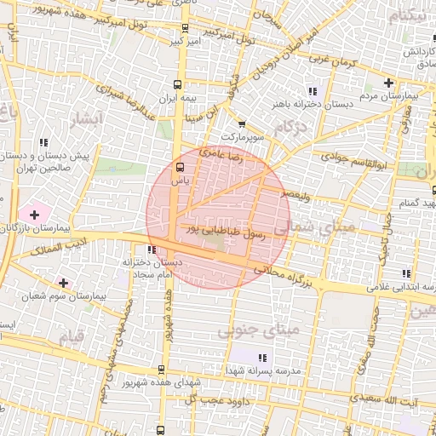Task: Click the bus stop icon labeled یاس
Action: point(179,167)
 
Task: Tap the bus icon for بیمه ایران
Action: point(177,84)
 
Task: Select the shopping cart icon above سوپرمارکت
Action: point(243,123)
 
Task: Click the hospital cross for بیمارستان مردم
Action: point(389,83)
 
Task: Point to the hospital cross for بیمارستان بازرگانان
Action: point(33,213)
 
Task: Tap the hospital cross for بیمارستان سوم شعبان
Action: point(63,281)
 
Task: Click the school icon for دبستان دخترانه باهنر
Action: point(313,90)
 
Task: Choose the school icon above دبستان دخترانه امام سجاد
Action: point(151,250)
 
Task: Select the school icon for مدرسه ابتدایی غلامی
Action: point(405,273)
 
